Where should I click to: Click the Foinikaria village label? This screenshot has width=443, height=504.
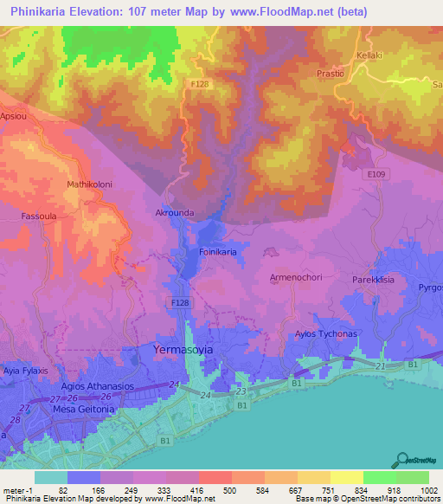[x=218, y=252]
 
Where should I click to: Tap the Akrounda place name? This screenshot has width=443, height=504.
[x=174, y=211]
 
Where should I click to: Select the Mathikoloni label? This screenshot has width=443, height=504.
[x=90, y=184]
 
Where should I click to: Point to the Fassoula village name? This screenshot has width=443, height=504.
[x=40, y=216]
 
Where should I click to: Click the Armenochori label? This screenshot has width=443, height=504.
[x=296, y=277]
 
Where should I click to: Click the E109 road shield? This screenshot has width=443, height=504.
[x=375, y=173]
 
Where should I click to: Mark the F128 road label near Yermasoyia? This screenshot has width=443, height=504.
[x=180, y=302]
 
